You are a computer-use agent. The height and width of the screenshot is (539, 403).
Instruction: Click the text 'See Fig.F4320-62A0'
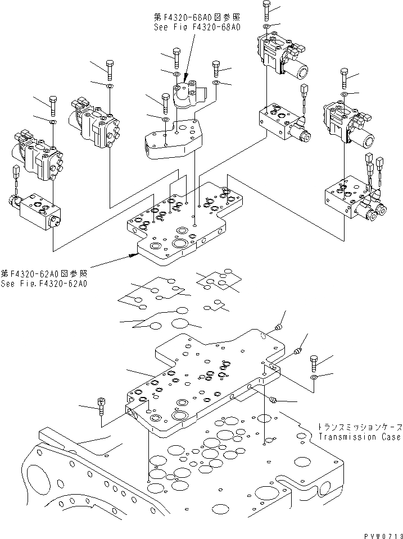(x=44, y=284)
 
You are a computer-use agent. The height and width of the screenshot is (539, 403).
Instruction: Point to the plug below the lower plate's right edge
(x=272, y=400)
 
